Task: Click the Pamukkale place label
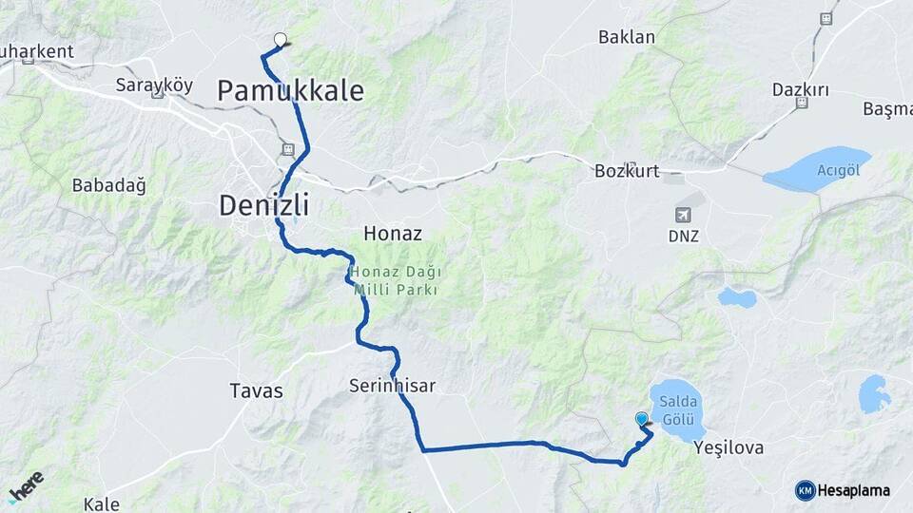[x=290, y=91]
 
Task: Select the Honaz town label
[x=392, y=233]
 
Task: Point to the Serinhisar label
[x=392, y=386]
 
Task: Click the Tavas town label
[x=256, y=390]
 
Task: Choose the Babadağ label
[x=108, y=185]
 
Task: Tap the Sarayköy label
[x=154, y=85]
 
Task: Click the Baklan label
[x=627, y=38]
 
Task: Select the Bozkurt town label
[x=626, y=172]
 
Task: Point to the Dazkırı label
[x=801, y=90]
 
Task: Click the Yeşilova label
[x=729, y=446]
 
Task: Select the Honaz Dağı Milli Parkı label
[x=395, y=280]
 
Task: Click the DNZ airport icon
[x=683, y=215]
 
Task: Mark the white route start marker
[x=280, y=39]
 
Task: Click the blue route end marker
[x=642, y=418]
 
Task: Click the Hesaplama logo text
[x=853, y=490]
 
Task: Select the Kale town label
[x=101, y=503]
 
